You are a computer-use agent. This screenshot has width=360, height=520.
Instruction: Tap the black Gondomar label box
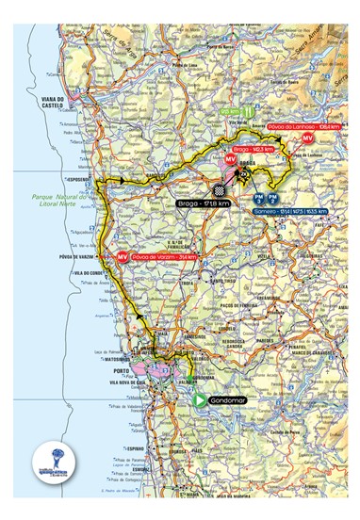click(x=226, y=398)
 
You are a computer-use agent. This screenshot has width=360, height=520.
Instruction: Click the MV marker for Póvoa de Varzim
click(x=122, y=256)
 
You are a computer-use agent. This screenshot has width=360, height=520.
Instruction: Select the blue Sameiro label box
click(x=289, y=211)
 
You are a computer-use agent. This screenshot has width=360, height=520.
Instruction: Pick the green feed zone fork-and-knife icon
click(x=248, y=112)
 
